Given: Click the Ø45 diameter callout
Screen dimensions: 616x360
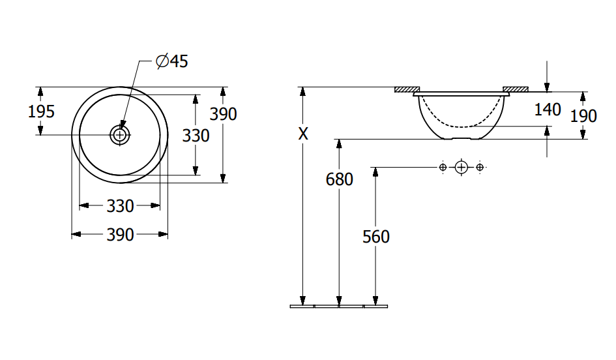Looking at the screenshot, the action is click(x=172, y=61).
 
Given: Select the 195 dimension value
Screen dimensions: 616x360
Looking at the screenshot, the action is click(x=41, y=112).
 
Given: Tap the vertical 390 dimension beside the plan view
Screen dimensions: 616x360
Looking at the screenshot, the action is click(x=223, y=114).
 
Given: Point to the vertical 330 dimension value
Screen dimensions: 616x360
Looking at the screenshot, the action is click(x=196, y=136).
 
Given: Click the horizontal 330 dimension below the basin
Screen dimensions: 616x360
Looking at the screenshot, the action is click(x=120, y=206).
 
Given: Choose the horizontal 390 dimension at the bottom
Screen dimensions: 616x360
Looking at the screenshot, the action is click(x=120, y=235).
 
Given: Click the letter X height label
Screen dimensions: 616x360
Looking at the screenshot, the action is click(x=303, y=134).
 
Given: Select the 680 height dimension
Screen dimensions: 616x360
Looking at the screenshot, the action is click(x=340, y=179).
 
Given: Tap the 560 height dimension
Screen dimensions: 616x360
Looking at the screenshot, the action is click(x=376, y=237).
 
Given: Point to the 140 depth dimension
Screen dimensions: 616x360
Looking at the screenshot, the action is click(x=548, y=110).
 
